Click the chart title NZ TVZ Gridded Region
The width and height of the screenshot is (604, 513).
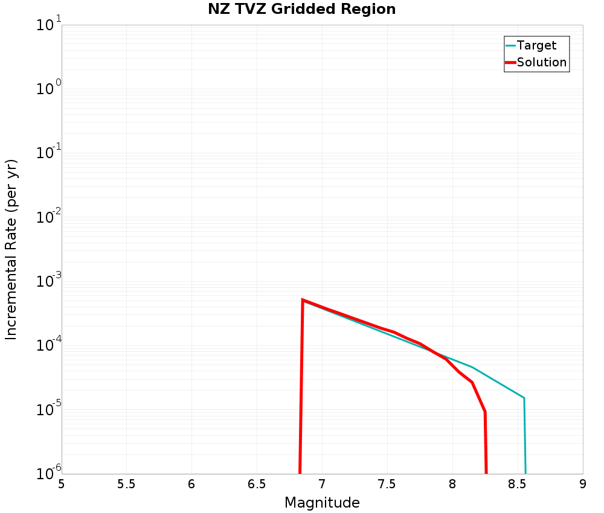coord(301,9)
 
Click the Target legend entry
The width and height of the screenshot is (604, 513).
coord(536,45)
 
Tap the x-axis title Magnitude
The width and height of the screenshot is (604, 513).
coord(322,503)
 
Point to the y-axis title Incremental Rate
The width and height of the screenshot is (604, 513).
coord(12,249)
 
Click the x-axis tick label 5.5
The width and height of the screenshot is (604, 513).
coord(126,484)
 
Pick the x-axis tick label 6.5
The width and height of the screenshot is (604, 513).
coord(257,484)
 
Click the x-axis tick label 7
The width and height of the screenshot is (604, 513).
coord(322,484)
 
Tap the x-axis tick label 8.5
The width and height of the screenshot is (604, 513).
coord(518,484)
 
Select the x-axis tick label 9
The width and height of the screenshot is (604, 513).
coord(583,484)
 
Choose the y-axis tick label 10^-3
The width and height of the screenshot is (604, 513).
coord(43,281)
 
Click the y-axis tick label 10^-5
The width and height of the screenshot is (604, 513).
coord(43,410)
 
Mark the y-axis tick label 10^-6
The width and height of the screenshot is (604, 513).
coord(43,473)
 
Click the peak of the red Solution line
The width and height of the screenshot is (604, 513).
coord(303,299)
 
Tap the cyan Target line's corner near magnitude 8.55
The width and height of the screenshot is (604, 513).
coord(524,398)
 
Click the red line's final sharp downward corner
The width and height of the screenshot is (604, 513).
coord(484,412)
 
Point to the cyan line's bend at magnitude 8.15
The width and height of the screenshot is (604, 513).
coord(472,367)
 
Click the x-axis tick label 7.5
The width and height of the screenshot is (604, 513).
coord(387,484)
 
